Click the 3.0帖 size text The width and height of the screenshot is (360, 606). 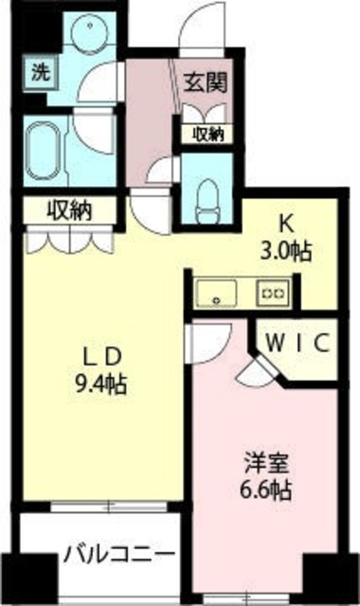287,252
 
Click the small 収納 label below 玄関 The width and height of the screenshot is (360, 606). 204,134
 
